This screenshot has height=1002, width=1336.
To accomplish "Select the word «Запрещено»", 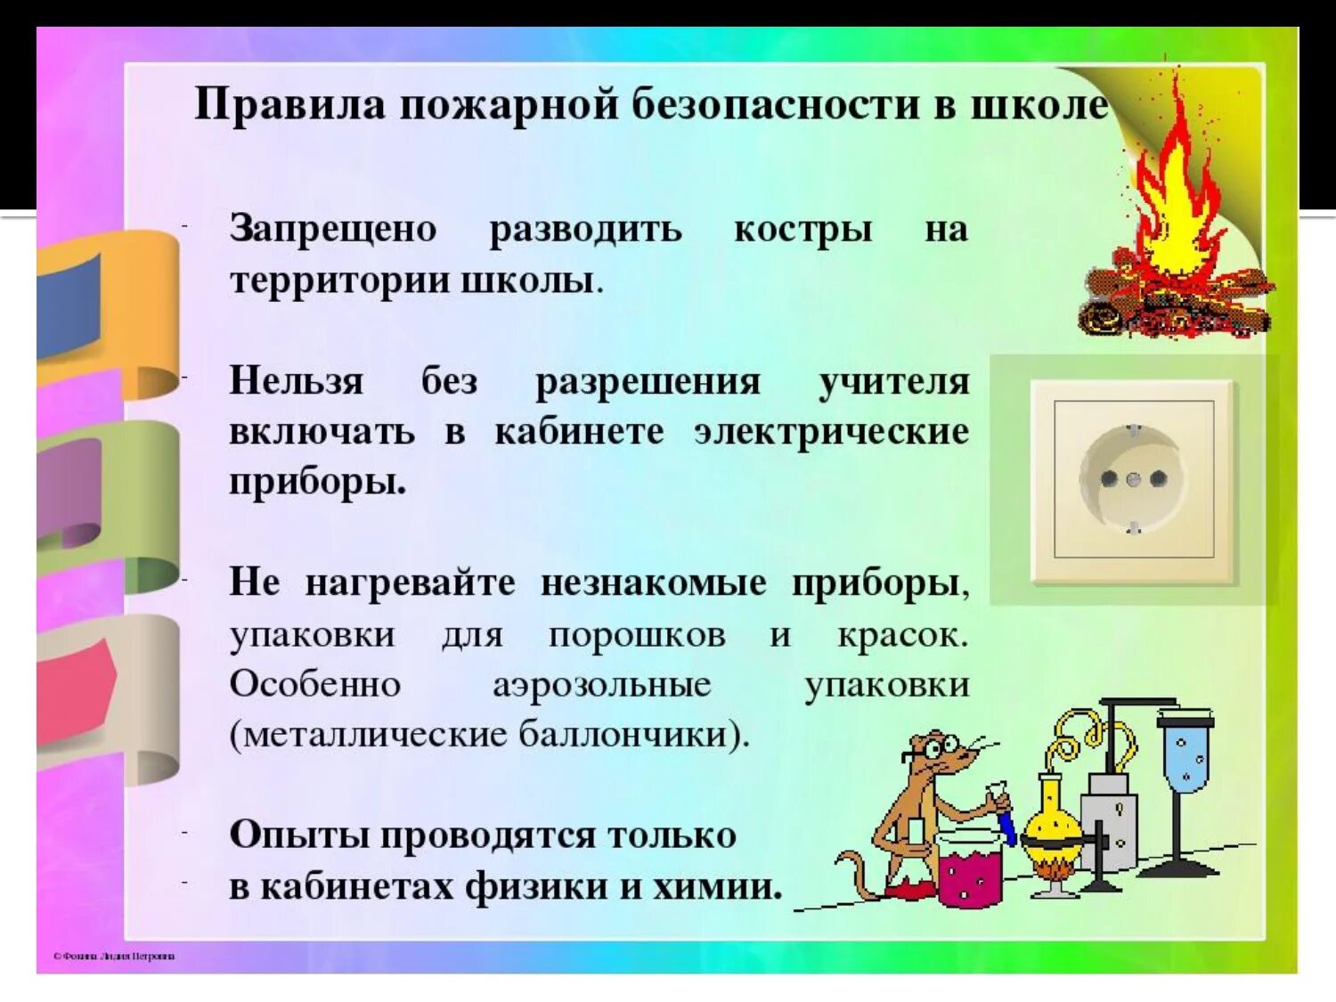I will click(x=333, y=230).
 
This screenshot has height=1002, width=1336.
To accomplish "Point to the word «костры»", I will click(x=802, y=230).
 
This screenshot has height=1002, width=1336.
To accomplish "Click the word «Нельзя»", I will click(x=297, y=381).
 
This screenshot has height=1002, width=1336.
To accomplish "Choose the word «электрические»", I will click(x=831, y=432).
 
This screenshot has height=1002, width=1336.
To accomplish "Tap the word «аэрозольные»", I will click(x=602, y=684).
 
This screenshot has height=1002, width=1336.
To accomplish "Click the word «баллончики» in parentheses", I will click(x=623, y=735).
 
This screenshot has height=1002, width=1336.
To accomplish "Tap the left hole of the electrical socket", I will click(x=1109, y=478).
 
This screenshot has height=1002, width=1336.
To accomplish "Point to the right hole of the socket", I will click(x=1159, y=478).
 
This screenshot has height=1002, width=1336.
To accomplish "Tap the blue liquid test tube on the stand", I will click(x=1185, y=757).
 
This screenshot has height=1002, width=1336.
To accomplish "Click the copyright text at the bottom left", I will click(x=114, y=957).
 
